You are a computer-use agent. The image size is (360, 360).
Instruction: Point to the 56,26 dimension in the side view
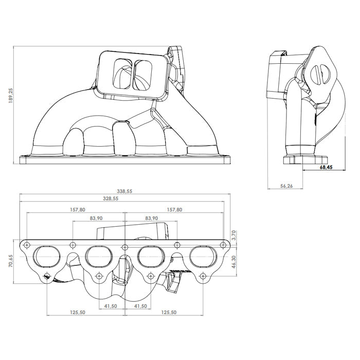(x=286, y=186)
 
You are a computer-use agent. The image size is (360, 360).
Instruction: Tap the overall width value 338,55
(x=124, y=191)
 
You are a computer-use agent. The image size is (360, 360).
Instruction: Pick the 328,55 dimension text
(x=124, y=198)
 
